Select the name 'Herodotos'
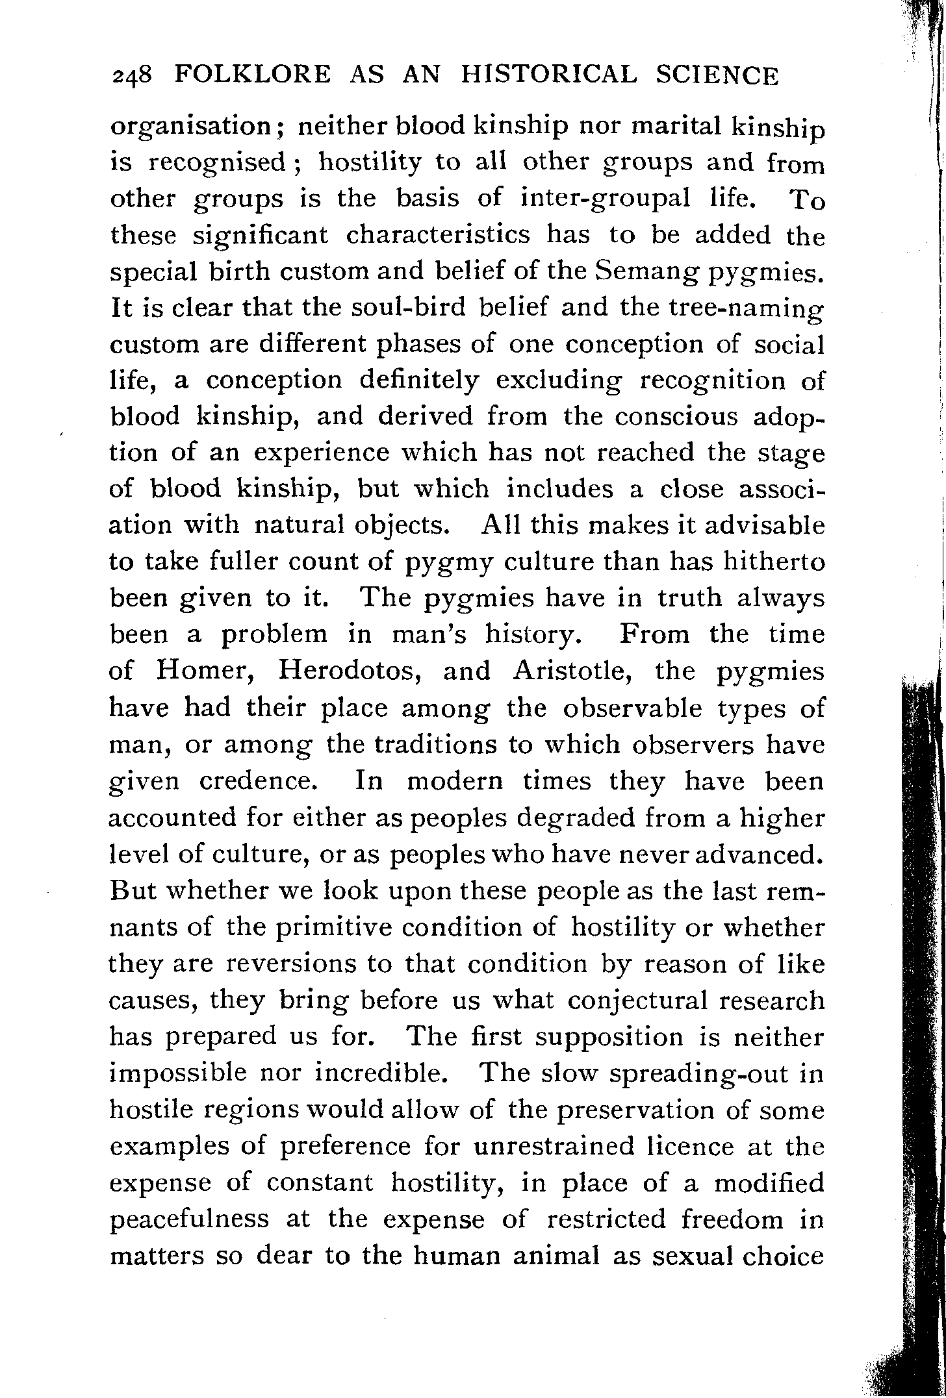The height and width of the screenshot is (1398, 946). click(352, 671)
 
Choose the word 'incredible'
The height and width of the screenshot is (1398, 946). click(382, 1073)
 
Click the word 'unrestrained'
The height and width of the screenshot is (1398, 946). click(554, 1146)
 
